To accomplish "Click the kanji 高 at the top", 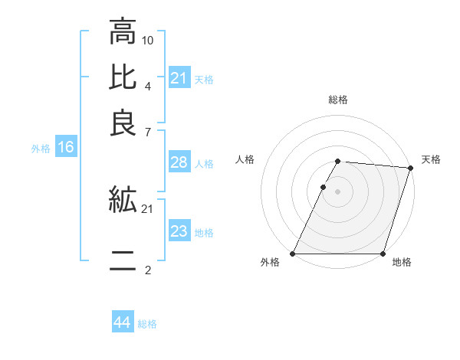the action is [x=123, y=32].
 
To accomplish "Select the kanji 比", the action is [x=123, y=77].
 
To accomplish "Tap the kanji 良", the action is [x=123, y=123].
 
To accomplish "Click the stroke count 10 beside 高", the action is [x=148, y=40].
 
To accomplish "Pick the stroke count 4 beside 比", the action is [x=147, y=85].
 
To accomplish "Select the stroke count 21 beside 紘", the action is [x=148, y=208].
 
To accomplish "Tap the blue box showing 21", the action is [x=179, y=78].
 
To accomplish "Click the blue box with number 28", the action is [x=179, y=162].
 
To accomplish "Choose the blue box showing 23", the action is [x=179, y=232].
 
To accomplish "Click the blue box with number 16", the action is [x=65, y=148].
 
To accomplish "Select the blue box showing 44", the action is [x=122, y=322].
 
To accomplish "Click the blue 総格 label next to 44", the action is [x=147, y=324].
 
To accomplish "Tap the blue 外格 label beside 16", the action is [x=41, y=149].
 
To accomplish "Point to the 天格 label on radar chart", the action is [x=431, y=159].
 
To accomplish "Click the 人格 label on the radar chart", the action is [x=245, y=159].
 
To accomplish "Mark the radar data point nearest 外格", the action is [x=292, y=254].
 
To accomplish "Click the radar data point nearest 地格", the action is [x=383, y=254].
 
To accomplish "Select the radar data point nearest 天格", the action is [x=410, y=168].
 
